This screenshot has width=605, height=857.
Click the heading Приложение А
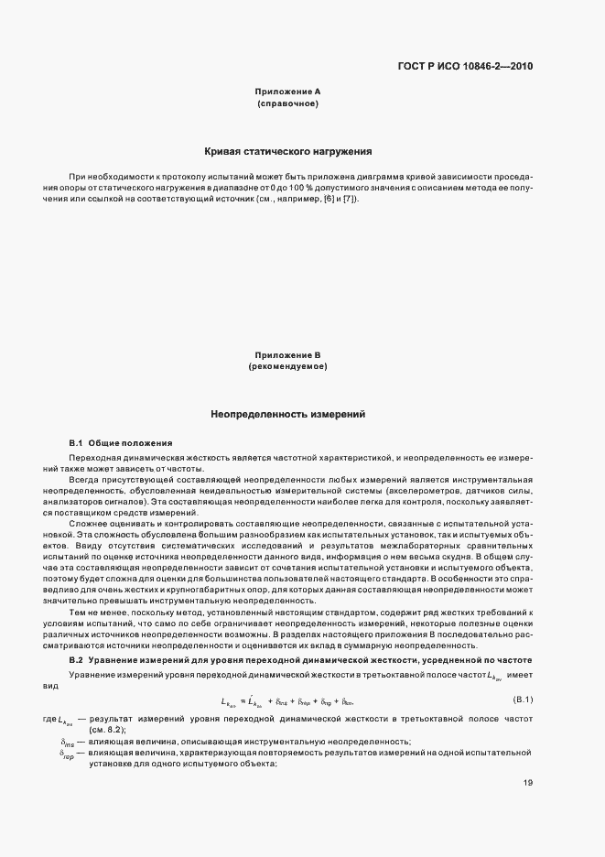(x=287, y=92)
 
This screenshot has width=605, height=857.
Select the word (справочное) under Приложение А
(x=287, y=103)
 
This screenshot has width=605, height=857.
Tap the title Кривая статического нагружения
(x=287, y=151)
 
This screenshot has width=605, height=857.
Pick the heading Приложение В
(x=287, y=354)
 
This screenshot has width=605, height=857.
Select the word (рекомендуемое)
(x=287, y=366)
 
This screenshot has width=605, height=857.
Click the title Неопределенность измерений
(x=287, y=414)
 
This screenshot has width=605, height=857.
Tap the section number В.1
(x=76, y=442)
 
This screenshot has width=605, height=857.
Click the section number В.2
(x=76, y=660)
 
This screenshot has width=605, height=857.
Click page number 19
(x=528, y=782)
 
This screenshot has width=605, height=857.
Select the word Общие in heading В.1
(x=108, y=442)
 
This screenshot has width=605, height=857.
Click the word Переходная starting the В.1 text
(x=94, y=456)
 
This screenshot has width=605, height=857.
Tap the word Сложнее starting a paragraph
(x=88, y=521)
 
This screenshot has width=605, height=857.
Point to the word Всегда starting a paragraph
(x=85, y=479)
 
